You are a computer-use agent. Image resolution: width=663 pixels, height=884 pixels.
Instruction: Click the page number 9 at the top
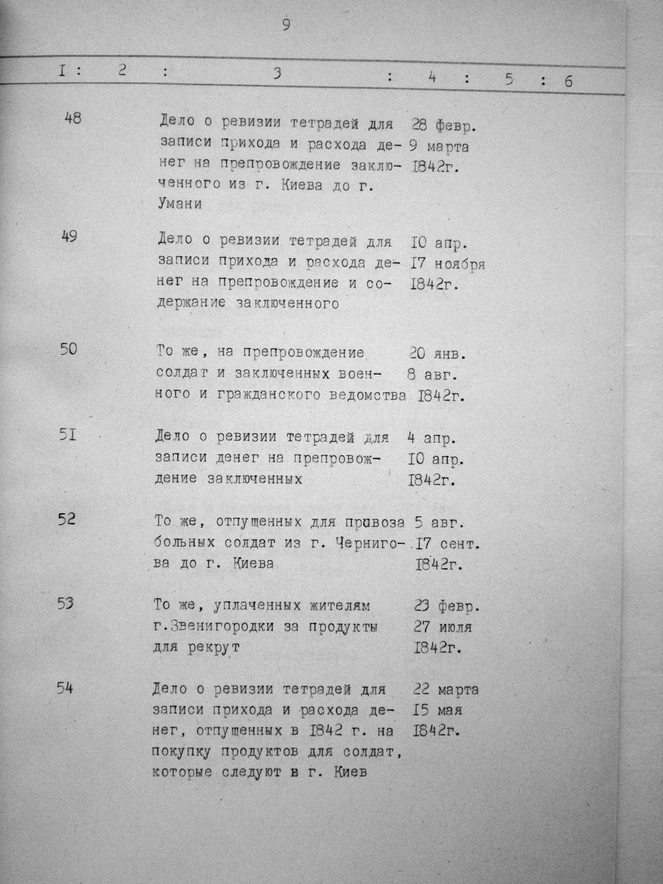[286, 25]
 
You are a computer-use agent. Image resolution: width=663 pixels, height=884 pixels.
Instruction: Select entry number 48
[72, 119]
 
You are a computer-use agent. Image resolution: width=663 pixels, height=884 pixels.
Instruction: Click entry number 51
[67, 434]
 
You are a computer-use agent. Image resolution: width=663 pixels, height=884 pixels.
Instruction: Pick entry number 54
[64, 688]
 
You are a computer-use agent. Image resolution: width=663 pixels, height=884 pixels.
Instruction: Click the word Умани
[180, 204]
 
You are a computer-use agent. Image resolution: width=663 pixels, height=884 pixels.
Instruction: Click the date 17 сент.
[447, 544]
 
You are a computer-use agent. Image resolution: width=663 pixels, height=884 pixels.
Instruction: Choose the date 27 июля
[443, 628]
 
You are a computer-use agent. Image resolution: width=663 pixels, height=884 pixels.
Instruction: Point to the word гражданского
[269, 395]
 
